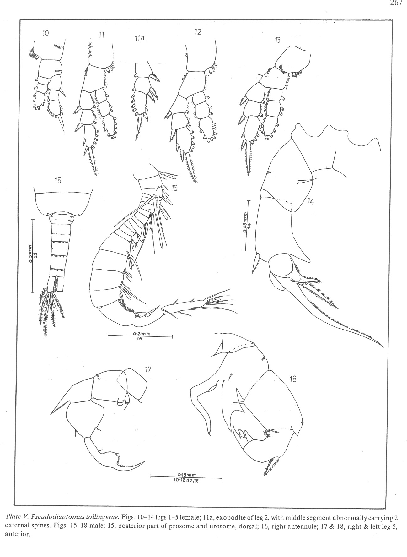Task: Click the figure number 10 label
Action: (x=46, y=33)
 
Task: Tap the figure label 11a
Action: (x=138, y=39)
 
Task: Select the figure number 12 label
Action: (x=198, y=32)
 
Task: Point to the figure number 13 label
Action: (x=277, y=40)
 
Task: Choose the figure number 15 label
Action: (x=58, y=180)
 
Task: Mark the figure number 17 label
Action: (x=148, y=369)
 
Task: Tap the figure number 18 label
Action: (x=293, y=379)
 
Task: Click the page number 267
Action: (x=396, y=3)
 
